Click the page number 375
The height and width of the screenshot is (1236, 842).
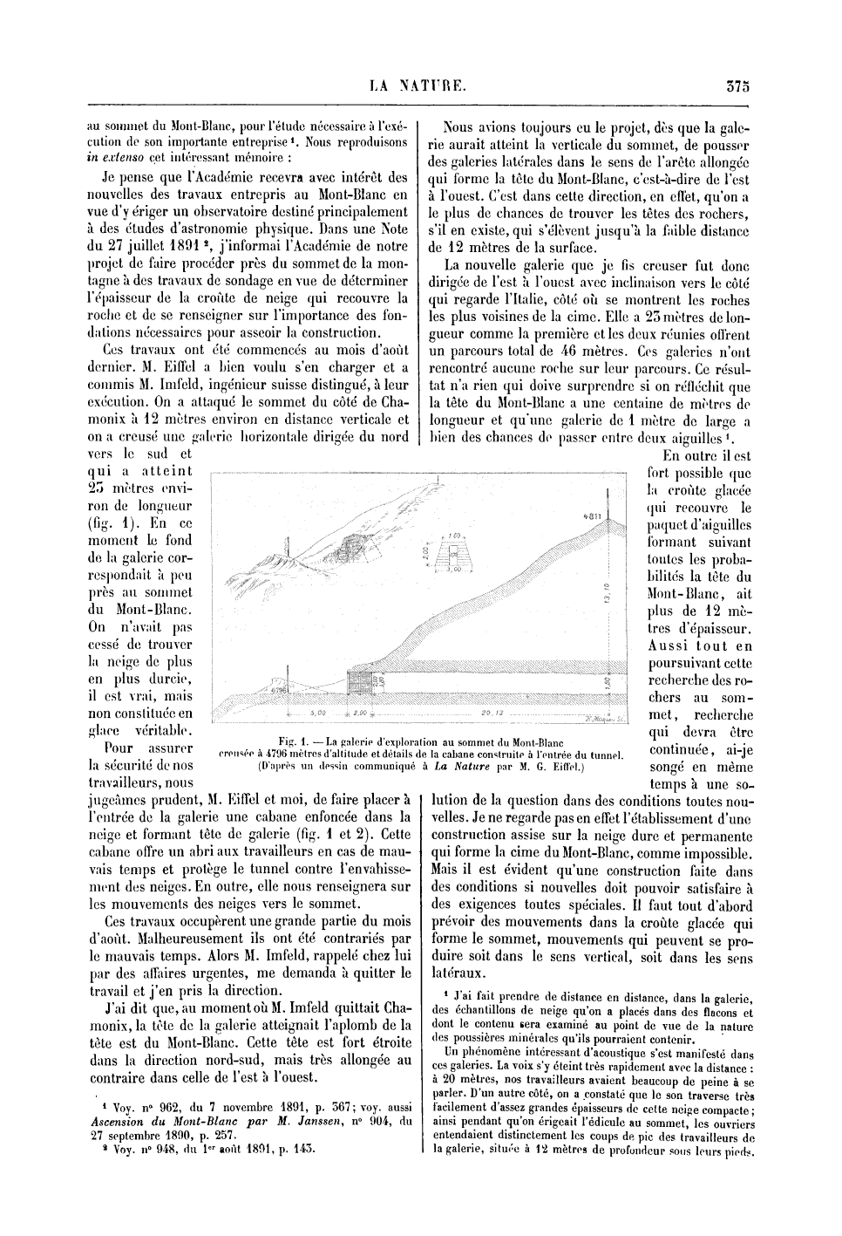point(736,85)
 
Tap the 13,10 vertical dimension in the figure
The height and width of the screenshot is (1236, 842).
point(605,593)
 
